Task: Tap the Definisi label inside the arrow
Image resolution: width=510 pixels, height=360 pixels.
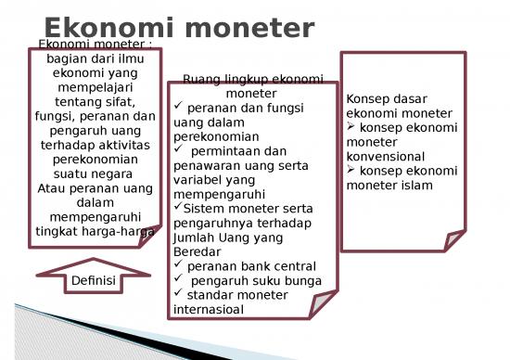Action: click(94, 280)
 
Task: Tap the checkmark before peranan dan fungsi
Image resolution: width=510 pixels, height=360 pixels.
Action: click(180, 108)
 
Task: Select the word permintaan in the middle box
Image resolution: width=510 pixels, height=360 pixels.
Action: click(224, 151)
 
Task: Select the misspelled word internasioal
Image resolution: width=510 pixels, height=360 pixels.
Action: click(210, 309)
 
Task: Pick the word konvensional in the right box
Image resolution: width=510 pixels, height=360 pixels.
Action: click(385, 157)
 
